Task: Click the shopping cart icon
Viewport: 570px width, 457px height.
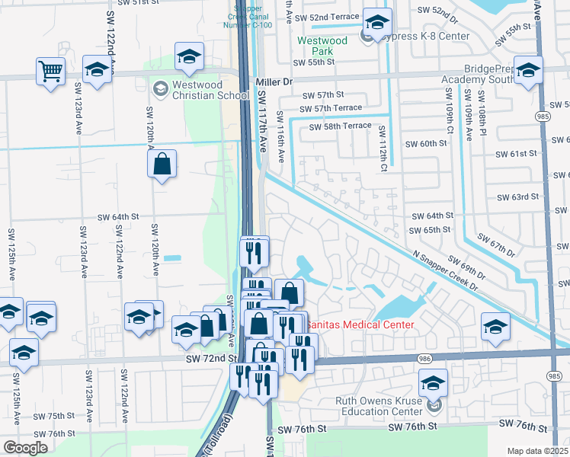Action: click(50, 72)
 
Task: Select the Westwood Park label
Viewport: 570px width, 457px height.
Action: click(322, 46)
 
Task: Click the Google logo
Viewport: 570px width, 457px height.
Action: click(25, 448)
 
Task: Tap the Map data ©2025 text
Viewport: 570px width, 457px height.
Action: click(538, 451)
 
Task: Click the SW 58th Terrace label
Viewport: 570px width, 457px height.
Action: click(340, 126)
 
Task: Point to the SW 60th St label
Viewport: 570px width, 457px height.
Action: click(425, 143)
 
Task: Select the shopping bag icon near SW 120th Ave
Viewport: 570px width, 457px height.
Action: click(162, 164)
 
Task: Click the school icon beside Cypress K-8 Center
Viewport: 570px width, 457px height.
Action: click(376, 23)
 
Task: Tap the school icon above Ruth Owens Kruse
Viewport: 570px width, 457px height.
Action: click(433, 383)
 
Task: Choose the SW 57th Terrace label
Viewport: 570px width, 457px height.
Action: click(332, 109)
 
